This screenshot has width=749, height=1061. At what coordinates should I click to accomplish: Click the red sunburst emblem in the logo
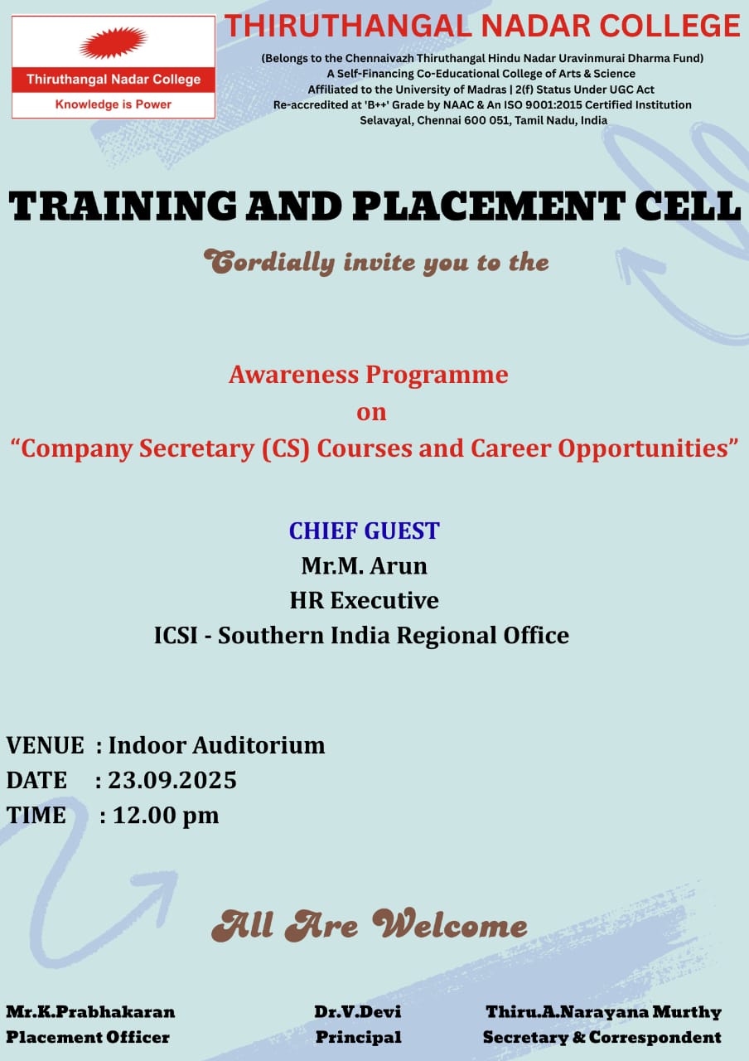point(114,42)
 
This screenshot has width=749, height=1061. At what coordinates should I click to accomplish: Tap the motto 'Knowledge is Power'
point(114,104)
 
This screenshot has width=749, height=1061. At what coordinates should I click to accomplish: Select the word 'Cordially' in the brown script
point(269,262)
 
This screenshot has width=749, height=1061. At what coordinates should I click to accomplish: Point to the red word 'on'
point(371,412)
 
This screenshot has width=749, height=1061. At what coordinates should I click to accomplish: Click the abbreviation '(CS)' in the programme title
point(286,448)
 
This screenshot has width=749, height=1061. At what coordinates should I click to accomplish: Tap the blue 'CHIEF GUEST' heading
point(364,530)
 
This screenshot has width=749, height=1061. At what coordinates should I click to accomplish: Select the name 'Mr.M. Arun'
point(364,565)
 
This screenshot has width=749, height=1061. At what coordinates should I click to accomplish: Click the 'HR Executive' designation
point(364,600)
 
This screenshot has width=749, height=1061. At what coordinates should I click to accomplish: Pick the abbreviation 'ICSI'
point(175,635)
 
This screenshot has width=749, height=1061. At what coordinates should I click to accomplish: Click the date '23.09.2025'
point(172,780)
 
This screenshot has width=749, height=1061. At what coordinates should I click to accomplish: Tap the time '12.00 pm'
point(166,816)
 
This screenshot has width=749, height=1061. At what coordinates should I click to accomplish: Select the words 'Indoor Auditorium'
point(217,745)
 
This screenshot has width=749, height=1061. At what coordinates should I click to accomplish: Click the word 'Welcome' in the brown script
point(450,923)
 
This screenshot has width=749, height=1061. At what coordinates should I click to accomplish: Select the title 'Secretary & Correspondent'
point(602,1038)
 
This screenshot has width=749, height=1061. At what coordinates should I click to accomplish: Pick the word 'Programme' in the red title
point(437,375)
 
